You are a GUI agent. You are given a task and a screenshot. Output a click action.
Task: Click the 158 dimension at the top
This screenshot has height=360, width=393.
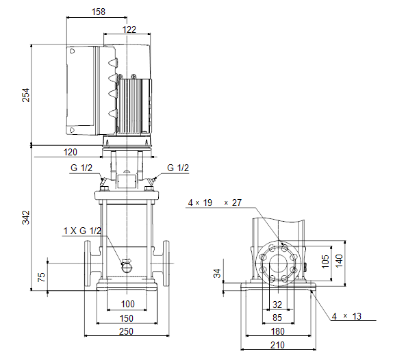99,12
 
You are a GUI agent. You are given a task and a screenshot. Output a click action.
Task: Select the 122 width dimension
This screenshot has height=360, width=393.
129,29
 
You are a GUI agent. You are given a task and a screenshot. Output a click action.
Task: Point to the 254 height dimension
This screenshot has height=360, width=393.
26,95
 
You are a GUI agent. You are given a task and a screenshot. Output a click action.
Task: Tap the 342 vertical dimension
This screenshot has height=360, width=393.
26,218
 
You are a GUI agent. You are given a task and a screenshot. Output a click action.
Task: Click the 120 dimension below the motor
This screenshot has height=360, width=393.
70,152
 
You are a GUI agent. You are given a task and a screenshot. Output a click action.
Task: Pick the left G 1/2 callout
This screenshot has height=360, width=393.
81,168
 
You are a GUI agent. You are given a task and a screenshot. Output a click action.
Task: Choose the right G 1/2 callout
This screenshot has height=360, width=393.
178,168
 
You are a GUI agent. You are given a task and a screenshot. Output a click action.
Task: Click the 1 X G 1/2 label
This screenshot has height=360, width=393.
82,231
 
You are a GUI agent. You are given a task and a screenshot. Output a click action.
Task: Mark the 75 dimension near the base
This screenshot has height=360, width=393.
41,277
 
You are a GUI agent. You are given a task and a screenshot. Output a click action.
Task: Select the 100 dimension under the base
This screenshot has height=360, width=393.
128,304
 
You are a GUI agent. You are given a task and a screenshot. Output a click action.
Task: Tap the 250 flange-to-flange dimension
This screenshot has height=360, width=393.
126,331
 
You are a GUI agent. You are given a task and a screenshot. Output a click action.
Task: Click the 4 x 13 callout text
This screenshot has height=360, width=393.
346,316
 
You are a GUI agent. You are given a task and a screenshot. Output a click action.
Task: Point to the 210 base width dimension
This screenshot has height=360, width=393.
277,345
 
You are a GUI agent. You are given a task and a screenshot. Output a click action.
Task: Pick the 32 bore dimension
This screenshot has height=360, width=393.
277,305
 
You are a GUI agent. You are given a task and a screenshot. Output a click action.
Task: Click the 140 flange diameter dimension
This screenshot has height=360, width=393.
339,261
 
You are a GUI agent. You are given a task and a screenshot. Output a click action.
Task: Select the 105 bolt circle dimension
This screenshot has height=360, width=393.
325,261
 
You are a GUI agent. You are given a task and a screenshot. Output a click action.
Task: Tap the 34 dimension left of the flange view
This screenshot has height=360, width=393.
217,273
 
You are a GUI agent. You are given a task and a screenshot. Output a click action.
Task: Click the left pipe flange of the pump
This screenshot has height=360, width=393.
88,263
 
